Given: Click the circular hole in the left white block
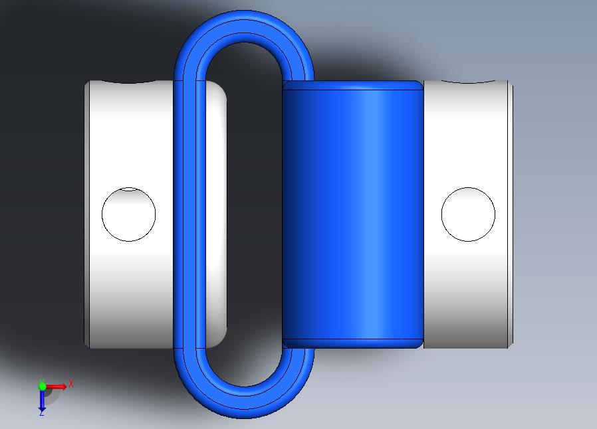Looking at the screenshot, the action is [129, 214].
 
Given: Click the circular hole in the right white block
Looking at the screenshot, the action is [468, 214].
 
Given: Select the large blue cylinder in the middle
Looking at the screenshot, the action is [352, 214].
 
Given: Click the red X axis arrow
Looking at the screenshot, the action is [57, 386].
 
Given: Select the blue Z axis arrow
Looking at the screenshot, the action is [42, 400].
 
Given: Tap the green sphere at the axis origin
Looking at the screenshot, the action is [42, 386].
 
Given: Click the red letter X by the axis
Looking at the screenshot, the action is [71, 383].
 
